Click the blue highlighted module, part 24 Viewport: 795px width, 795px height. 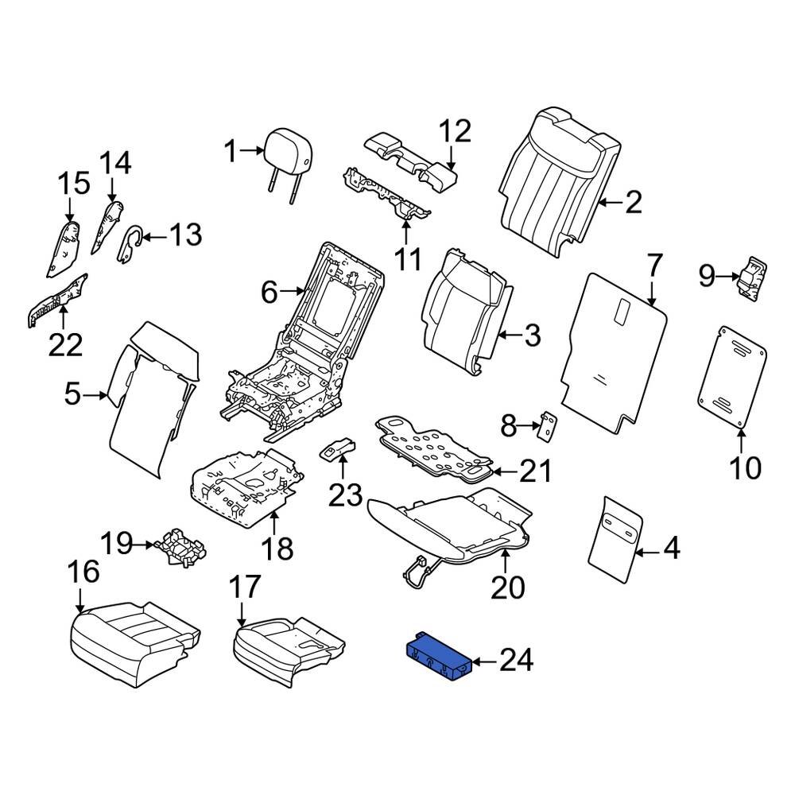point(439,656)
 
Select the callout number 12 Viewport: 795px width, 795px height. point(455,131)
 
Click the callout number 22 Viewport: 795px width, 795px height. point(65,346)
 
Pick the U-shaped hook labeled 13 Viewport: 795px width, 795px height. point(131,244)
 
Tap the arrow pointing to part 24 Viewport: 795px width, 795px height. point(485,661)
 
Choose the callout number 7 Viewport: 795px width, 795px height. point(654,266)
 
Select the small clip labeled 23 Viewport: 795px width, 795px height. point(336,448)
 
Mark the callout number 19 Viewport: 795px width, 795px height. point(117,544)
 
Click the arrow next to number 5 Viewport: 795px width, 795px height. point(95,394)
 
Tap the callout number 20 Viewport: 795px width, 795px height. point(508,588)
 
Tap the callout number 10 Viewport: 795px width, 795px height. point(746,468)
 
